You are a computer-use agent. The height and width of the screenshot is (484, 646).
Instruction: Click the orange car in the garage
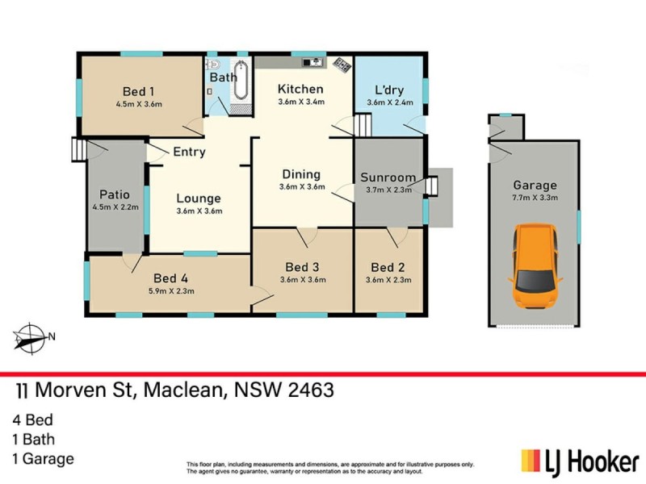coord(535,265)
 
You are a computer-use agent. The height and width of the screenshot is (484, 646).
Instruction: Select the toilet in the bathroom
coord(213,66)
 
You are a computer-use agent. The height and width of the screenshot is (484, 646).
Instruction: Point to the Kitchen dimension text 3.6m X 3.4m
coord(301,102)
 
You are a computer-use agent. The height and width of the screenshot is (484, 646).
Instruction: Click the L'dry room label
coord(388,90)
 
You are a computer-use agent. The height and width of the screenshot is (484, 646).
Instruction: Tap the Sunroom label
coord(388,177)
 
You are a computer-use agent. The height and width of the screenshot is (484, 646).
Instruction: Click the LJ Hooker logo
coord(579,461)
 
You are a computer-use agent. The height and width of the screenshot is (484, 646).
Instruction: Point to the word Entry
coord(189,152)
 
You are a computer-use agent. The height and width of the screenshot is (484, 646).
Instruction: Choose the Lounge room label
coord(199,198)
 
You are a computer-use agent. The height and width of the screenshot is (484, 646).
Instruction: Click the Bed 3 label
coord(304,267)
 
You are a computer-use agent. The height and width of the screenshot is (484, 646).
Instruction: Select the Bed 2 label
coord(388,267)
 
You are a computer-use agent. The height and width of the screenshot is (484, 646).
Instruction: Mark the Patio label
coord(115,194)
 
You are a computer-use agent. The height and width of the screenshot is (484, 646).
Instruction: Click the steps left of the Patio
coord(78,149)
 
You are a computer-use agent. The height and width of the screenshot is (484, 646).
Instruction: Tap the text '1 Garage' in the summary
coord(44,459)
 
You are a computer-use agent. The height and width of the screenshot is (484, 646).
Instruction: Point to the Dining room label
coord(301,174)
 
